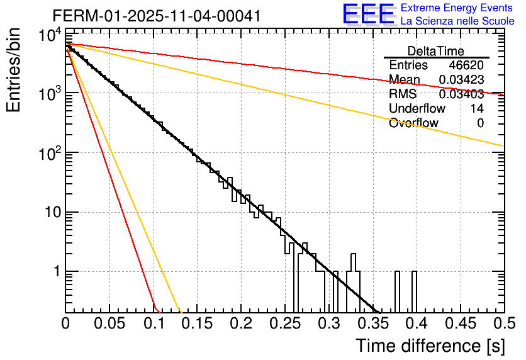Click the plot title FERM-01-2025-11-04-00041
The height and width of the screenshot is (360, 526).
157,15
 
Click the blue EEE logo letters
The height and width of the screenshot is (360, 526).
368,14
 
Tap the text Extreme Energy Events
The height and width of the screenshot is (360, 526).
457,8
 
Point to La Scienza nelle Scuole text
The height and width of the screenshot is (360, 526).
457,21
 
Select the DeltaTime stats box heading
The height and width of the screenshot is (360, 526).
436,51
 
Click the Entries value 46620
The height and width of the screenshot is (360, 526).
466,65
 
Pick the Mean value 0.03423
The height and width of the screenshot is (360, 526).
461,80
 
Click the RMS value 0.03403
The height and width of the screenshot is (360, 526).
461,94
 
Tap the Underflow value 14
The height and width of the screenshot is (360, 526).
477,109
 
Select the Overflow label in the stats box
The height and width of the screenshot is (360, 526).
413,123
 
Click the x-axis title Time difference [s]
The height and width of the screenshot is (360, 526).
429,346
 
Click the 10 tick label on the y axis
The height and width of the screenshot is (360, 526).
49,212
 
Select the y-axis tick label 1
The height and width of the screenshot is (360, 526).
55,272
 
